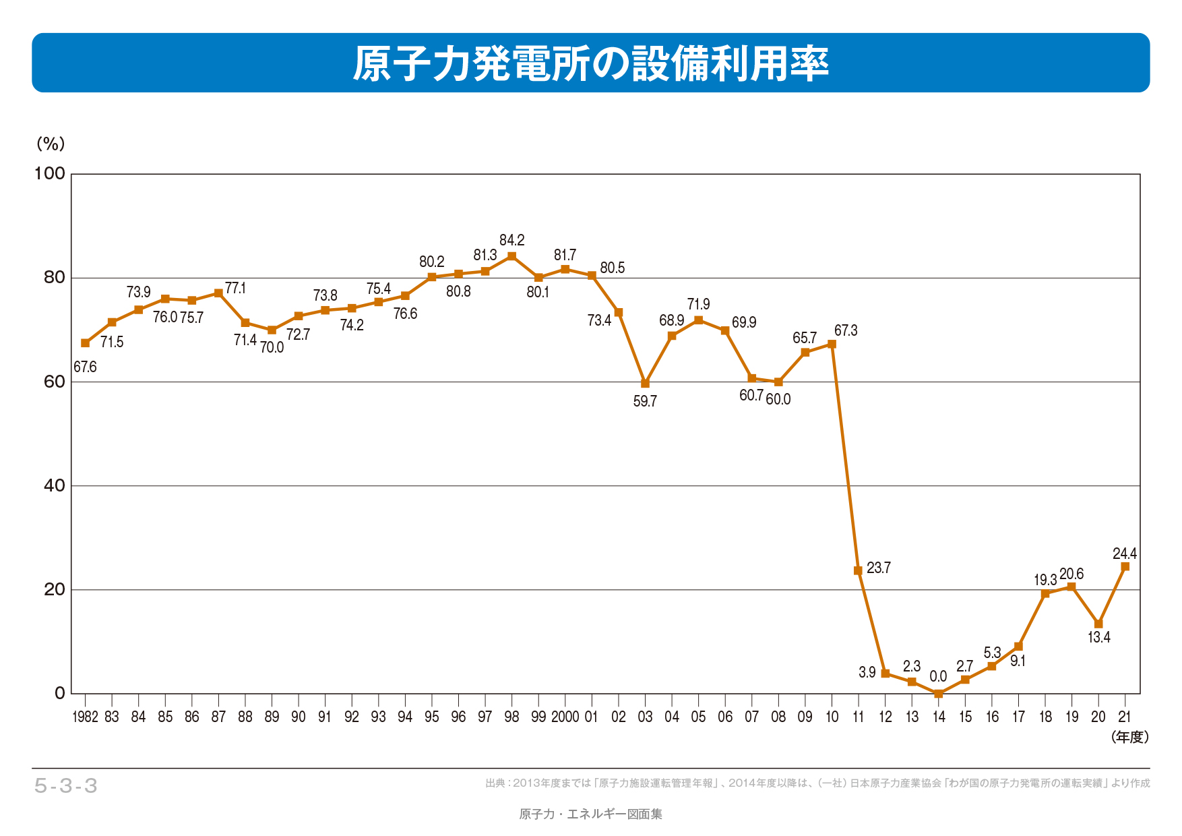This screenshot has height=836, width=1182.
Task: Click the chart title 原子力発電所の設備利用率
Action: pyautogui.click(x=590, y=64)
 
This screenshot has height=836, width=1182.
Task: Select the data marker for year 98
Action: pyautogui.click(x=511, y=256)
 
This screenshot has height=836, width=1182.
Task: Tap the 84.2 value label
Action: pyautogui.click(x=511, y=240)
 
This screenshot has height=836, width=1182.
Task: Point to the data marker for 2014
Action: pyautogui.click(x=938, y=693)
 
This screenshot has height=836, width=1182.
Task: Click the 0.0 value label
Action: pyautogui.click(x=938, y=676)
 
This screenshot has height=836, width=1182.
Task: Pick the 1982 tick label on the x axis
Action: pyautogui.click(x=85, y=717)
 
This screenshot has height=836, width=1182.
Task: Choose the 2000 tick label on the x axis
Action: pyautogui.click(x=565, y=717)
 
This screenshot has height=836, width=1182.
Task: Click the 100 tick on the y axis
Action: pyautogui.click(x=50, y=174)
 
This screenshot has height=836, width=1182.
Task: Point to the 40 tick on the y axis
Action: pyautogui.click(x=54, y=485)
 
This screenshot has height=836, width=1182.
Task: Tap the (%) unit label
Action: pyautogui.click(x=51, y=144)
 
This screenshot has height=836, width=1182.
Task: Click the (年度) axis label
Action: pyautogui.click(x=1130, y=737)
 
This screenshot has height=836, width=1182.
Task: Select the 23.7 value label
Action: pyautogui.click(x=879, y=568)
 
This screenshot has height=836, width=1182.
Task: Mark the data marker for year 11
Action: pyautogui.click(x=858, y=570)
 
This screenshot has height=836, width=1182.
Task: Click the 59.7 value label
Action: pyautogui.click(x=645, y=402)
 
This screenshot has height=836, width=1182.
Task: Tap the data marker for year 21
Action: pyautogui.click(x=1125, y=567)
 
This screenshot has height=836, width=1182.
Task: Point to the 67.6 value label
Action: pyautogui.click(x=85, y=367)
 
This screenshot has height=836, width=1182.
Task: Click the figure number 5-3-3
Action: pyautogui.click(x=66, y=785)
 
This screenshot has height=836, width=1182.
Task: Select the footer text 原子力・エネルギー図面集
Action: pyautogui.click(x=590, y=814)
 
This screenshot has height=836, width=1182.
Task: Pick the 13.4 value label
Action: pyautogui.click(x=1099, y=637)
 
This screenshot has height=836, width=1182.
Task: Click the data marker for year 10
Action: pyautogui.click(x=832, y=344)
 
